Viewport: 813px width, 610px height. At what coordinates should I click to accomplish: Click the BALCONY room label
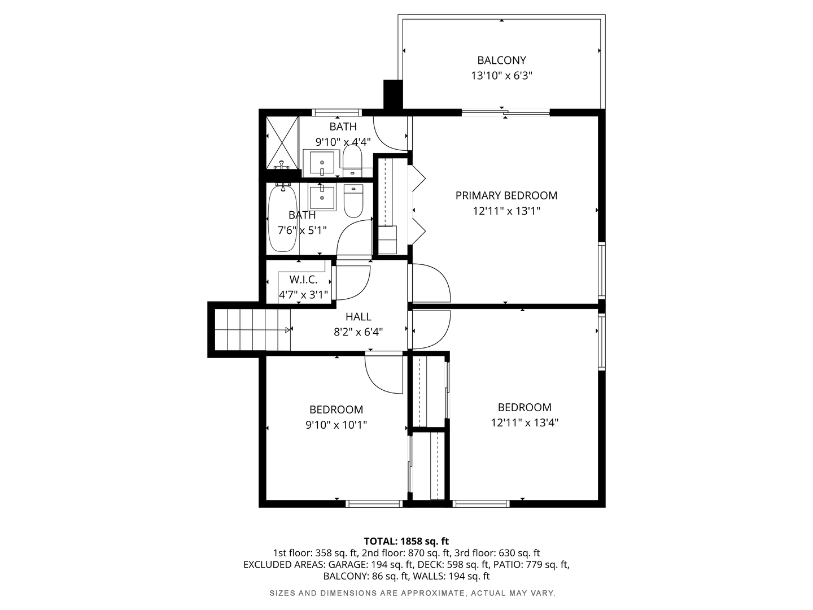click(501, 60)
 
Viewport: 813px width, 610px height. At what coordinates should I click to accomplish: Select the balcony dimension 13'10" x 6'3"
click(501, 76)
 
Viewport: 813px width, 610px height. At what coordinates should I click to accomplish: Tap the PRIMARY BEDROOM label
click(506, 196)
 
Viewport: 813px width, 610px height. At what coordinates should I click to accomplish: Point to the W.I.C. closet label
click(303, 280)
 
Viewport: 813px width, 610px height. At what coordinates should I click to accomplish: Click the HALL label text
click(358, 317)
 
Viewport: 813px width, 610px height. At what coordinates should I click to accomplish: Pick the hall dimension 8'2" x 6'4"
click(358, 332)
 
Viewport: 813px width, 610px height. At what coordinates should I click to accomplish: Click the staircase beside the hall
click(252, 330)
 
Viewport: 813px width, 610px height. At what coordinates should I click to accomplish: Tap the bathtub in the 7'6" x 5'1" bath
click(282, 219)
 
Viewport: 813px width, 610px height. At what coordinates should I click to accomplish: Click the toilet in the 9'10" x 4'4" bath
click(352, 159)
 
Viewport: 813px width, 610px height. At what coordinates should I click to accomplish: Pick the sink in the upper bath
click(322, 163)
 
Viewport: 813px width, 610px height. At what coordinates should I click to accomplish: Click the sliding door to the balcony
click(505, 112)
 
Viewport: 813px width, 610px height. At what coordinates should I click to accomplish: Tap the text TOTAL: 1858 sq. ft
click(406, 541)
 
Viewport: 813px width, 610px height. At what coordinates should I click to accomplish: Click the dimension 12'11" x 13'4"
click(524, 422)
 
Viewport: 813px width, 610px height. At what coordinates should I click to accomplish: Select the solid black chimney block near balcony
click(392, 94)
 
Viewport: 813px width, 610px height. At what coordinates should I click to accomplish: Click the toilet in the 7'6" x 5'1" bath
click(353, 201)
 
